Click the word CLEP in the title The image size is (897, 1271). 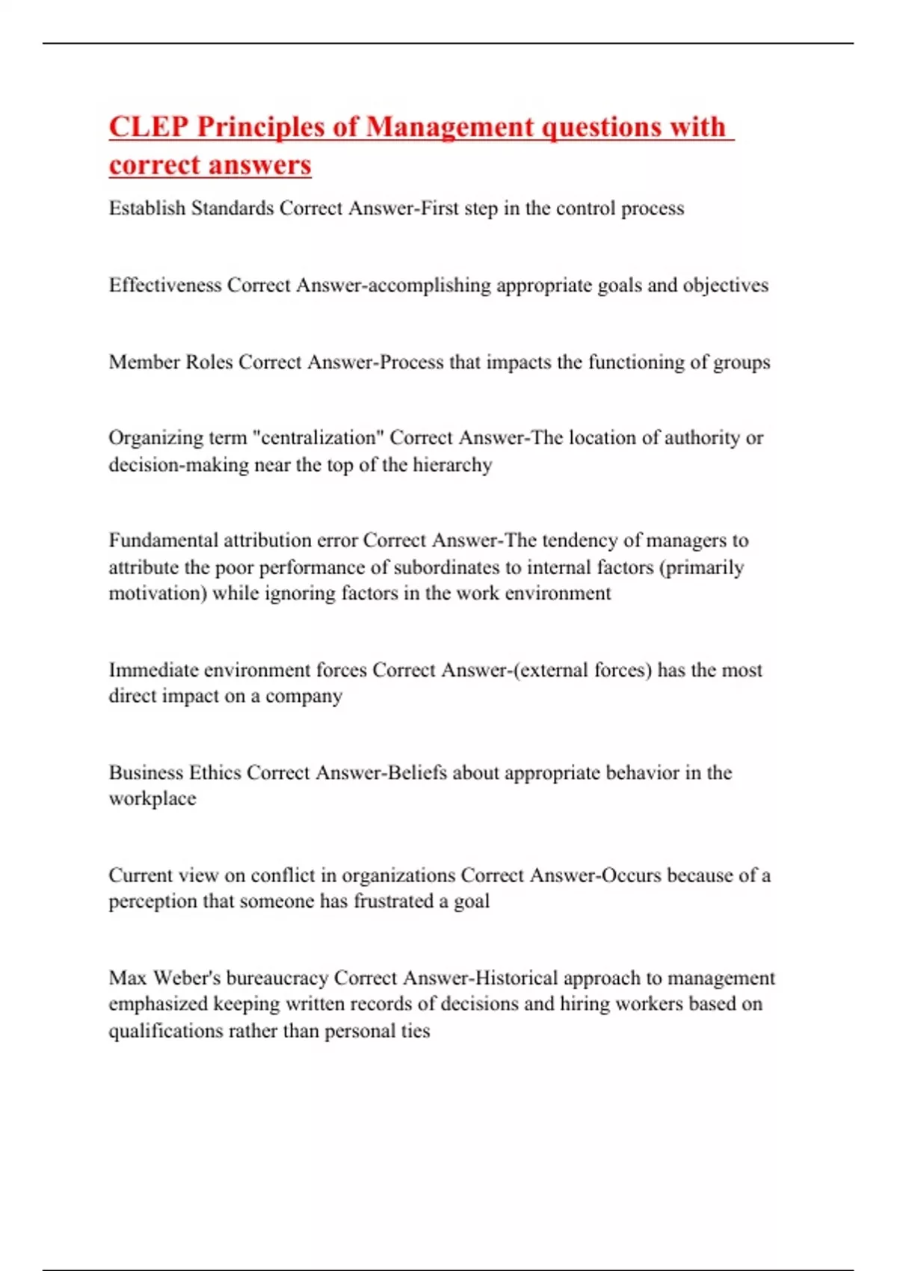coord(149,127)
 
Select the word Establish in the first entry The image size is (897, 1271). coord(147,208)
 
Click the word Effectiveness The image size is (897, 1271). coord(165,285)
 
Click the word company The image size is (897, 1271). coord(303,696)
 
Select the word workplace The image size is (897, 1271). coord(152,798)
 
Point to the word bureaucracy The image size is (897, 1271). coord(277,978)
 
